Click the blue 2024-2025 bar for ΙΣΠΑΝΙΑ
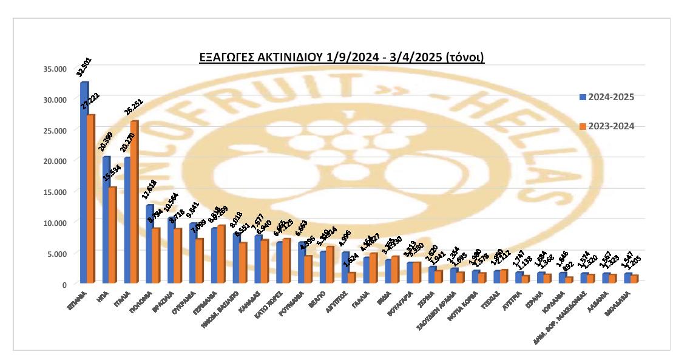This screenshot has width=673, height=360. pos(84,182)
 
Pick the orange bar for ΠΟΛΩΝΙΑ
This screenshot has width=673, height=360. pos(157,256)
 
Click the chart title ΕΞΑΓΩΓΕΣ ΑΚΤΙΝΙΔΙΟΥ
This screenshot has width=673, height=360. pos(342,58)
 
